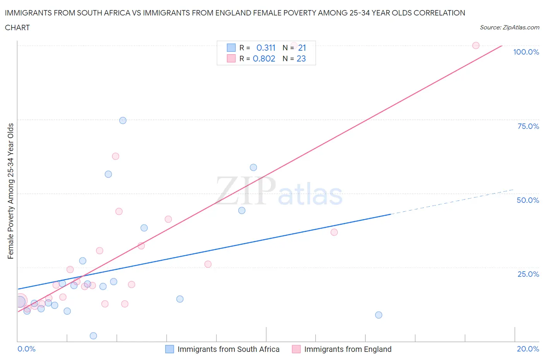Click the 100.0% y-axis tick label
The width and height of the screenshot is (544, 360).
(526, 52)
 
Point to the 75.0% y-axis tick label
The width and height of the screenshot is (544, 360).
(528, 126)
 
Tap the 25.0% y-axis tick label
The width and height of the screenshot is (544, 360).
(528, 274)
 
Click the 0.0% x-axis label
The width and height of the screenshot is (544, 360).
(26, 349)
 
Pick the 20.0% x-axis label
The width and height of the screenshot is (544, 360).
(528, 349)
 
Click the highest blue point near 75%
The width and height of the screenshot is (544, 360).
(123, 120)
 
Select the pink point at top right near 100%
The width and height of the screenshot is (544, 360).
(476, 45)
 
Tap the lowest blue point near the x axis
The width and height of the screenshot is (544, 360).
(93, 336)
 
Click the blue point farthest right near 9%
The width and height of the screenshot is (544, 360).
(378, 315)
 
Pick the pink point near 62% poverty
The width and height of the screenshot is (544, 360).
(115, 156)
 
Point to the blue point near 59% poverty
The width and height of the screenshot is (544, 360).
(253, 168)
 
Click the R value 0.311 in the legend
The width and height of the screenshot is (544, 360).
(266, 48)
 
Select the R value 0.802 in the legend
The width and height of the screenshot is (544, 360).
(264, 58)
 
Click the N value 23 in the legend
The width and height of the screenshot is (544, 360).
(301, 58)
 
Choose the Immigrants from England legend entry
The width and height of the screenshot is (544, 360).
(342, 349)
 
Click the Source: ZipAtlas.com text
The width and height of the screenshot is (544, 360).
(509, 27)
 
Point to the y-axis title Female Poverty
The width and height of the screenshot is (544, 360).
(10, 191)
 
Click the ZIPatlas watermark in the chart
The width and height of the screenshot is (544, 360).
(279, 191)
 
